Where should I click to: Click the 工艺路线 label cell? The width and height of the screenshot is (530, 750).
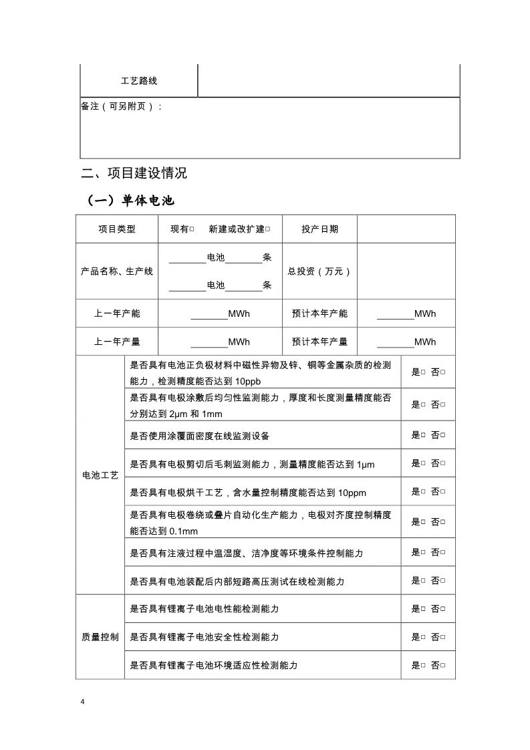[x=139, y=81]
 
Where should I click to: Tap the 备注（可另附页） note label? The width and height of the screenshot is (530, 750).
[x=121, y=106]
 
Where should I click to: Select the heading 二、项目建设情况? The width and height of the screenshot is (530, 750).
[x=134, y=173]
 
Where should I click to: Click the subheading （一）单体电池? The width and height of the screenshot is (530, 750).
[x=130, y=201]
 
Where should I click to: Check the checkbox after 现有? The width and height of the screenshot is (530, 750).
[x=192, y=229]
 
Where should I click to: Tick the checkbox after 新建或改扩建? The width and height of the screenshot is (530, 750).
[x=267, y=229]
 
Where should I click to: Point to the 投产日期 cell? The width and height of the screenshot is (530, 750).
[x=319, y=229]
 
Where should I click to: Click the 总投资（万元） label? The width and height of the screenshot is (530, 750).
[x=319, y=271]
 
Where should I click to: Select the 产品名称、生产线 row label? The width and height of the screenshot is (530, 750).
[x=117, y=271]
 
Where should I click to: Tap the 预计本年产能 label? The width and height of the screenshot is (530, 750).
[x=319, y=314]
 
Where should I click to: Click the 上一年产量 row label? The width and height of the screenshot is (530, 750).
[x=117, y=342]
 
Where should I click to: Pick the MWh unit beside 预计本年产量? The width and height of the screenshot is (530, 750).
[x=425, y=342]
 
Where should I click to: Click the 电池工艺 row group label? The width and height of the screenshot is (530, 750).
[x=100, y=475]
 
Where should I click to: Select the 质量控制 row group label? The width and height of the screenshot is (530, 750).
[x=100, y=637]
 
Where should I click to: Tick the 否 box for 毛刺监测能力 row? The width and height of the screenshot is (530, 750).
[x=443, y=463]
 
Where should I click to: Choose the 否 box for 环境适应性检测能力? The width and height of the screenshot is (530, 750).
[x=443, y=665]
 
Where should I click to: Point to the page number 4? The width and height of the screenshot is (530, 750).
[x=83, y=701]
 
